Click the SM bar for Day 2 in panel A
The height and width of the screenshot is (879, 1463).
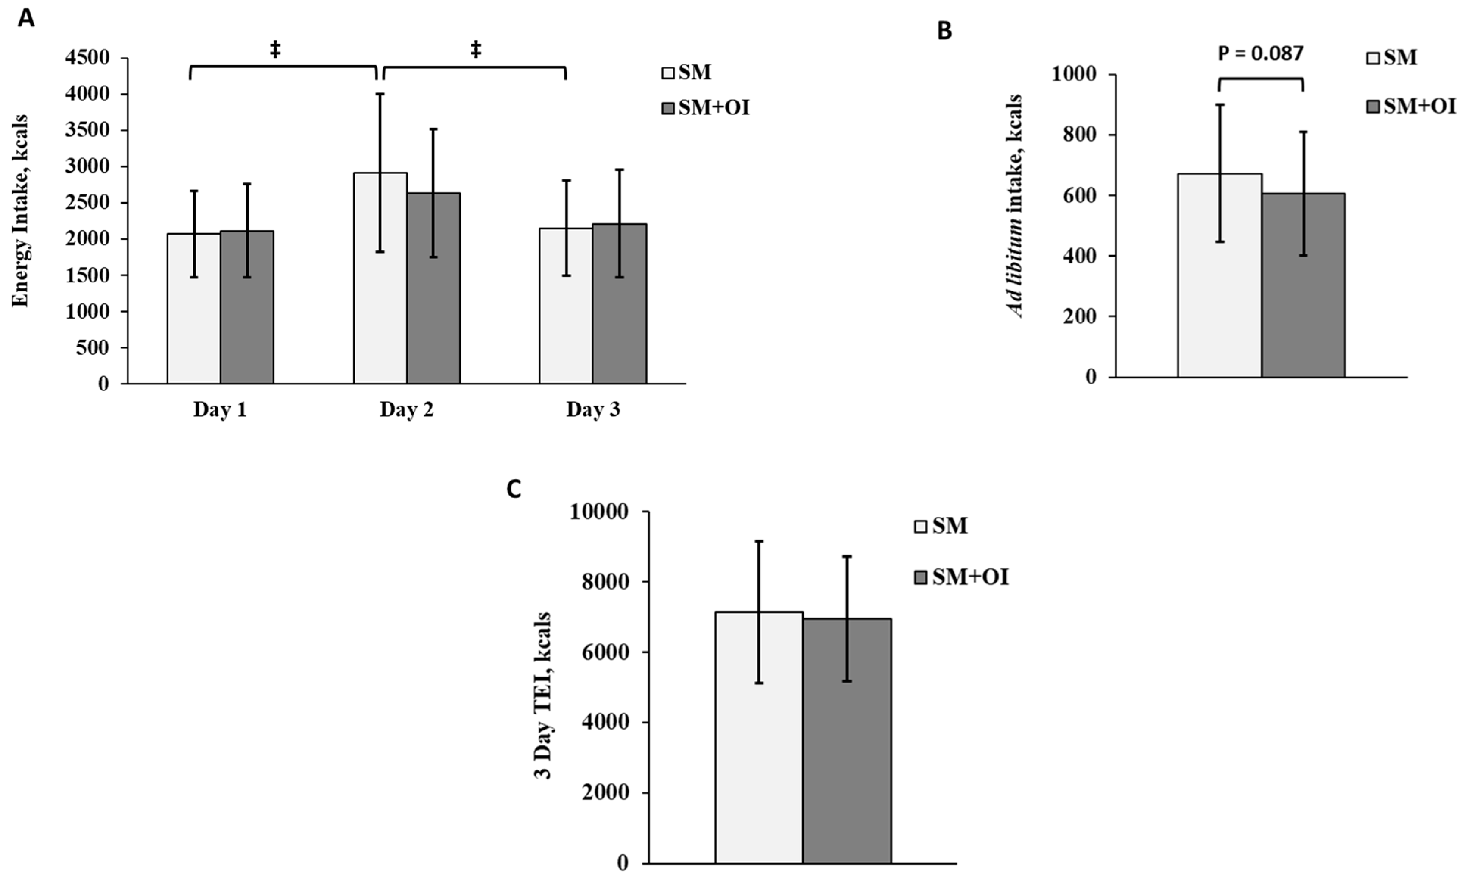pos(380,278)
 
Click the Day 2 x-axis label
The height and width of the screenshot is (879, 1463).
pos(407,410)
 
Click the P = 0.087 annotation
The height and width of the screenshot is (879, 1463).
pos(1260,53)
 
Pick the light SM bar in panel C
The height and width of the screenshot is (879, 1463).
pos(759,738)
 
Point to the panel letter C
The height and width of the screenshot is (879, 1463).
pos(514,489)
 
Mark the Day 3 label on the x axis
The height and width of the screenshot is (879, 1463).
pos(592,410)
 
